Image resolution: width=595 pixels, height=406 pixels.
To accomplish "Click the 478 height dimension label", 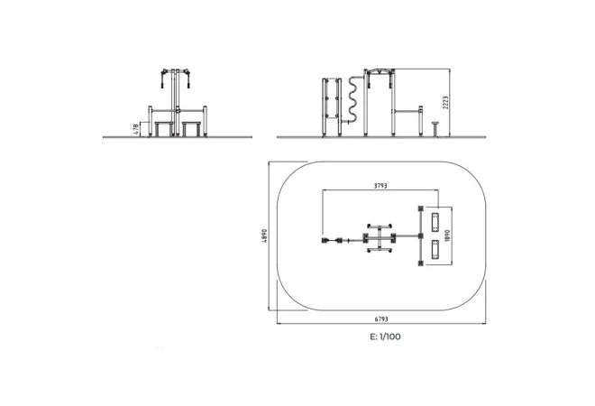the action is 136,130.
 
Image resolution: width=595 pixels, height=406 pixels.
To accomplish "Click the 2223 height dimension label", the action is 445,103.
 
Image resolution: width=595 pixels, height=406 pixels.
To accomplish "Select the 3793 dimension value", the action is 380,186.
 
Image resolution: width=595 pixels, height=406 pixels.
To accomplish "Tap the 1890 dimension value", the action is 447,235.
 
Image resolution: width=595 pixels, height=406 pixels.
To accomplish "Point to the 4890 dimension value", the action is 264,235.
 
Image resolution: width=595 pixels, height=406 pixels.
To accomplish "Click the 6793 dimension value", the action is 381,319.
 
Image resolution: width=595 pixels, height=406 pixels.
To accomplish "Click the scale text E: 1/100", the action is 385,337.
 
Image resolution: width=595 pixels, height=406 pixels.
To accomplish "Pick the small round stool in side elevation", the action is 435,129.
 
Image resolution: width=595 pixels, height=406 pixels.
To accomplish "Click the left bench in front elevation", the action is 164,129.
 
